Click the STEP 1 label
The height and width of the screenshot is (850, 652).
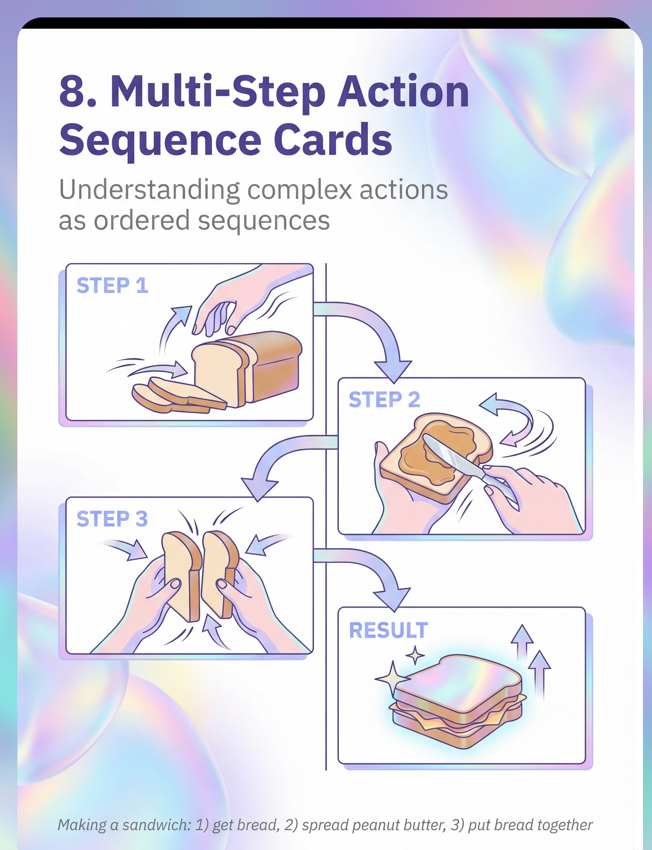(x=112, y=286)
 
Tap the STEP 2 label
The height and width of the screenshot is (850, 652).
(x=384, y=400)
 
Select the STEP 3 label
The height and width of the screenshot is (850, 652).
(x=112, y=519)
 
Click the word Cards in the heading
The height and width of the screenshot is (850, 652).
(x=333, y=140)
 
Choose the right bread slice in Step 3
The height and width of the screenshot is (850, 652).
(x=219, y=574)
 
